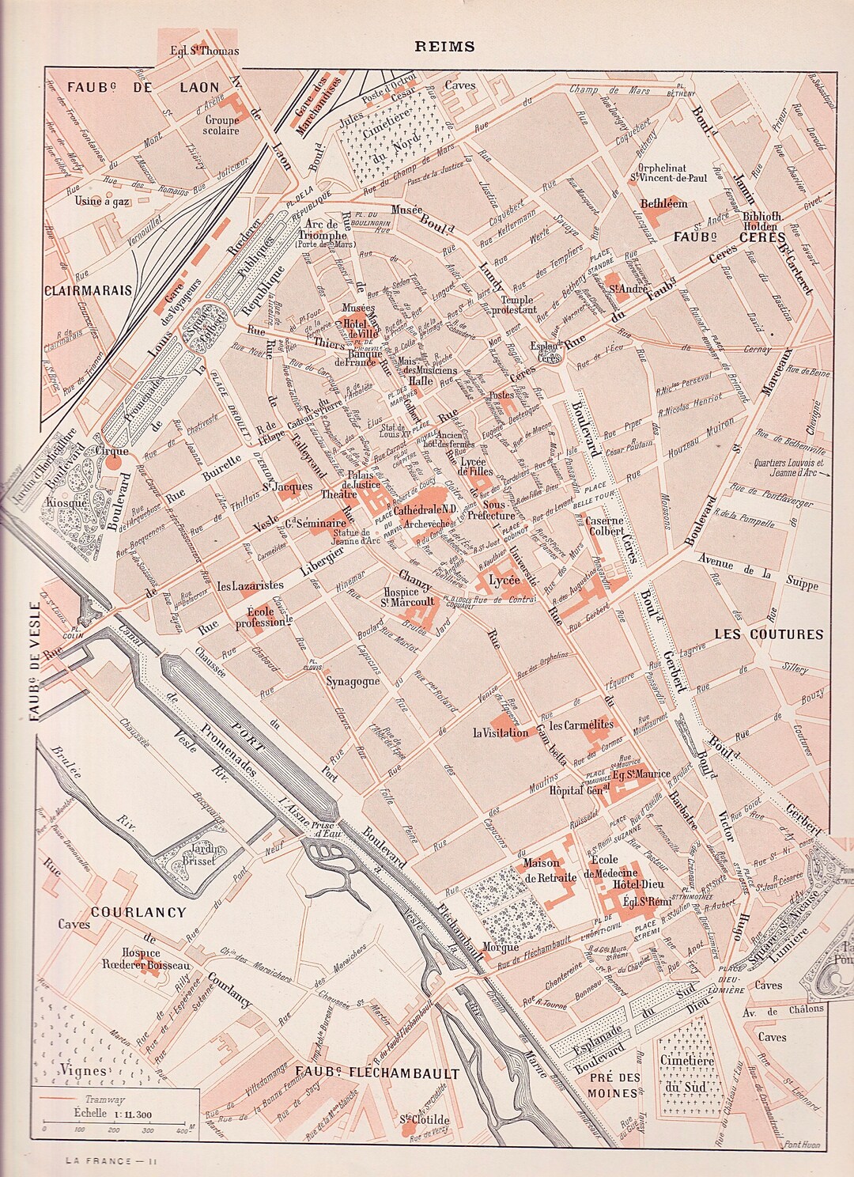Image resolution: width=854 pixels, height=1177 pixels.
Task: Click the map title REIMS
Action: [x=445, y=46]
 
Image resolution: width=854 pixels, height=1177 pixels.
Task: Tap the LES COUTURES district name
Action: [x=769, y=634]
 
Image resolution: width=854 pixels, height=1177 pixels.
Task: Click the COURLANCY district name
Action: [x=138, y=912]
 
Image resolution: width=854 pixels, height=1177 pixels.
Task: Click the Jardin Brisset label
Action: [x=195, y=854]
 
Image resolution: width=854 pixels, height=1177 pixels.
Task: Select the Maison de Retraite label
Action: [x=541, y=871]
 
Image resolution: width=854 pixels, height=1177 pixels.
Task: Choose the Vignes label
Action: [x=83, y=1071]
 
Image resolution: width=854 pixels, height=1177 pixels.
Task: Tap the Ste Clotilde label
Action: [x=425, y=1120]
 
